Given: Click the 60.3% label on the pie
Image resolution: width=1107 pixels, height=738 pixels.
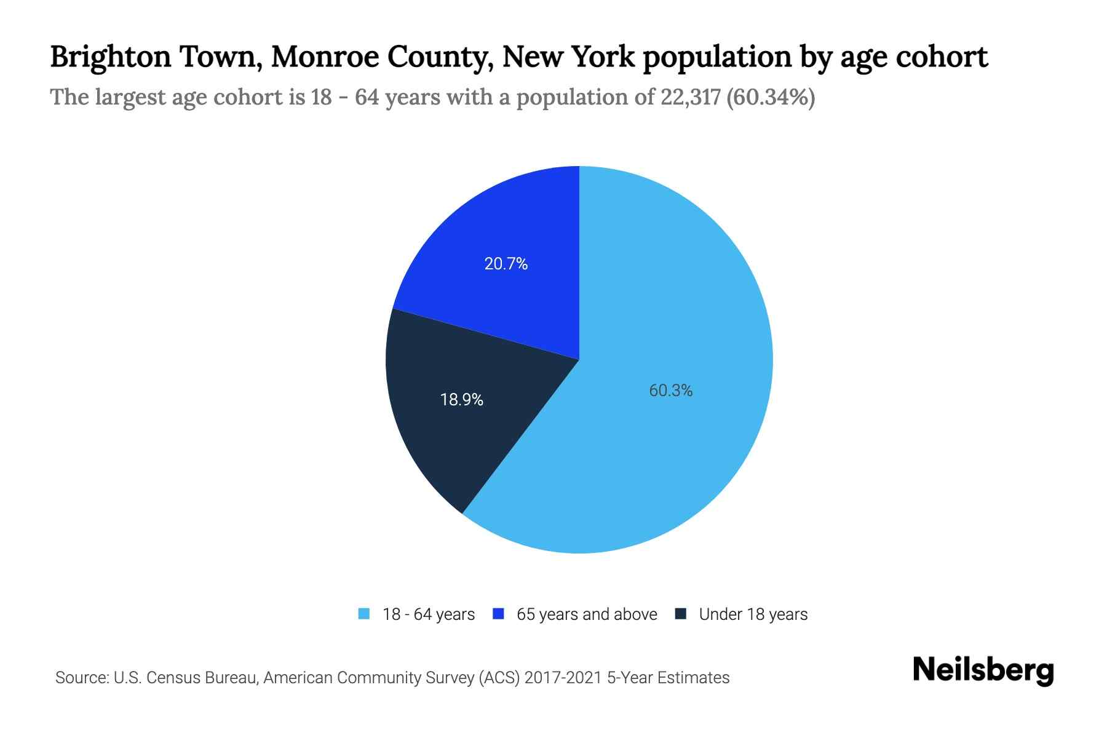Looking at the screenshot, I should coord(670,391).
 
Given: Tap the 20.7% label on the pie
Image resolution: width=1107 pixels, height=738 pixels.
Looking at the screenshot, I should coord(506,264).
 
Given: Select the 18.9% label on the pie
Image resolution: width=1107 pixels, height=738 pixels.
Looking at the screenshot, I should coord(461,400).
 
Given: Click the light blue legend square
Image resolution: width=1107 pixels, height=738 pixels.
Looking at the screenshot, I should coord(364,614).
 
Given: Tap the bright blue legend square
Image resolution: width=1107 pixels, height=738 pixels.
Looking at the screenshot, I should coord(499,614).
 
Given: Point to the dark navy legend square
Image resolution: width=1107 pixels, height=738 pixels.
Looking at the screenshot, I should coord(681,614).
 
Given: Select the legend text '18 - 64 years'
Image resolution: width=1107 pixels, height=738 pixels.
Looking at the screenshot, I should coord(429,614).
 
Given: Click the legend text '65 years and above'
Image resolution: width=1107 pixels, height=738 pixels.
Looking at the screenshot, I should coord(587,614).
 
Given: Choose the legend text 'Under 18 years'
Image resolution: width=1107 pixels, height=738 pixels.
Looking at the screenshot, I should coord(753,614).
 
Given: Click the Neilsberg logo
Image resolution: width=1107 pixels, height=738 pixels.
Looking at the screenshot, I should coord(983,670).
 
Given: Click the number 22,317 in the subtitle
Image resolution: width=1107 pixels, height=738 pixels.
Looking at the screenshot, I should coord(690,97).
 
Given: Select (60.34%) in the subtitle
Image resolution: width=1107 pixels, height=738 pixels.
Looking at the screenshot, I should coord(771,97).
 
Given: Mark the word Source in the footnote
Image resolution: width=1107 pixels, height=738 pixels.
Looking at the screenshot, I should coord(80,678).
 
